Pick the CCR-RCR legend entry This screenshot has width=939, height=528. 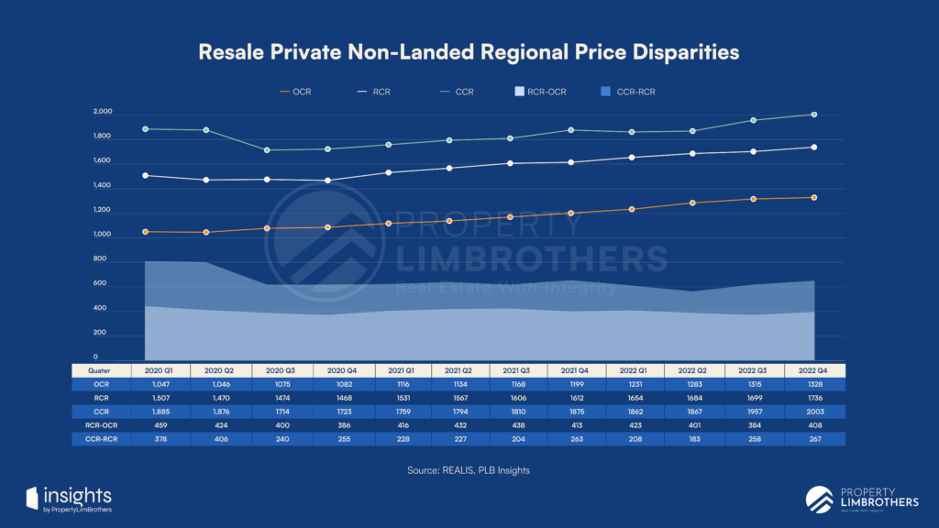(627, 92)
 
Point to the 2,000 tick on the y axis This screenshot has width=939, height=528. (102, 112)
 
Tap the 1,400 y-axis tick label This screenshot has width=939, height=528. (102, 186)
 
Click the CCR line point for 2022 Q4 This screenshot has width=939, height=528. (813, 115)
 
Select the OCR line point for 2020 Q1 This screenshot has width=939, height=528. (146, 232)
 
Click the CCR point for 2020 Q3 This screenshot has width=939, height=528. (267, 150)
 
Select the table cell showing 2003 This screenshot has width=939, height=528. (813, 412)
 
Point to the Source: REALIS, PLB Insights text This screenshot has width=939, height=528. (469, 470)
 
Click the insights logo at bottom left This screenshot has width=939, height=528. (70, 498)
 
